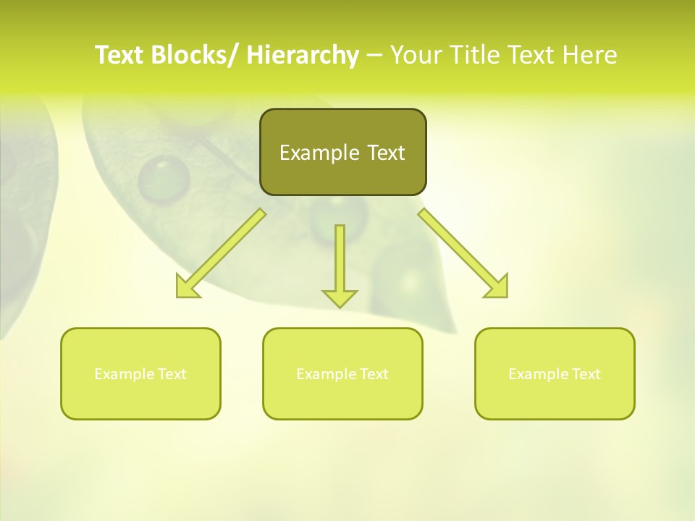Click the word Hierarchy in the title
point(302,55)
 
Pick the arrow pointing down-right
point(463,254)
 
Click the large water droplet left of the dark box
point(164,178)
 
